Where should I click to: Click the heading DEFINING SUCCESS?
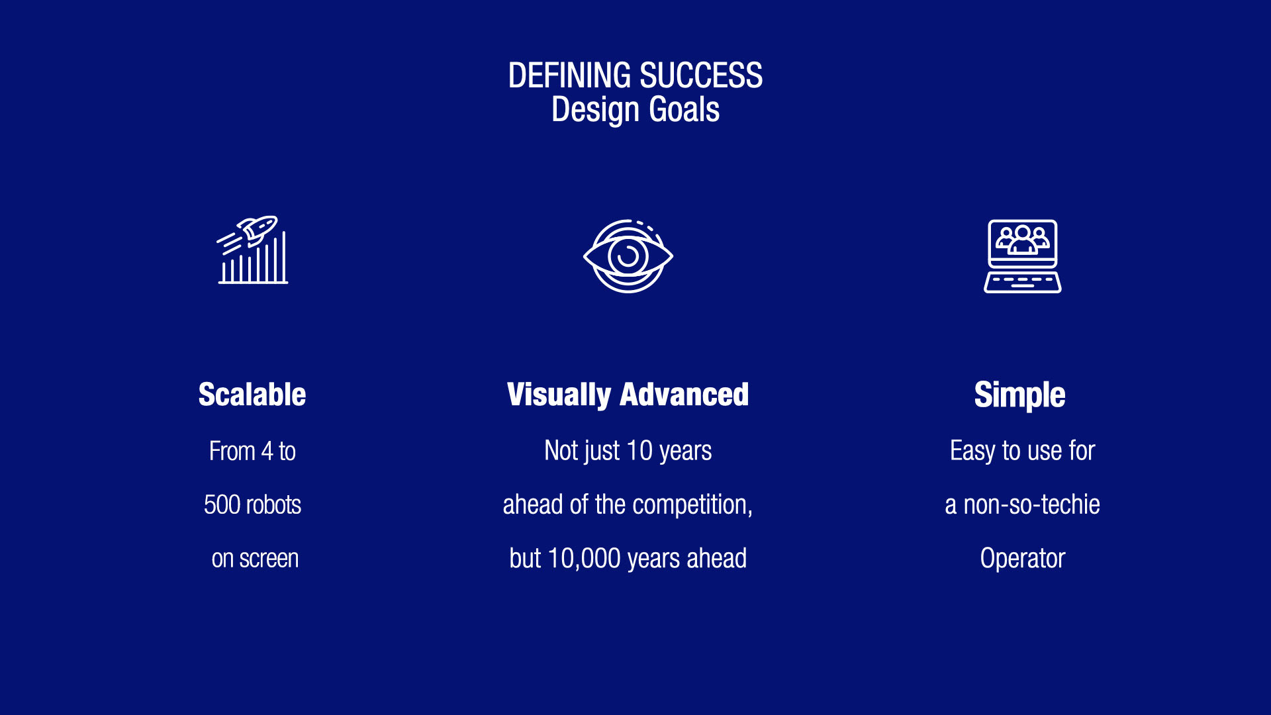[x=635, y=75]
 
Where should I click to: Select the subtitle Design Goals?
[x=635, y=110]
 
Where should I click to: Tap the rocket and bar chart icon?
[x=253, y=250]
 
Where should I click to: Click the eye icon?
[x=628, y=256]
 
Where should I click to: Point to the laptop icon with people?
[x=1023, y=256]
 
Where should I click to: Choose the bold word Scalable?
[x=252, y=395]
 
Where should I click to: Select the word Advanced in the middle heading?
[x=684, y=395]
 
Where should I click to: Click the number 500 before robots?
[x=222, y=505]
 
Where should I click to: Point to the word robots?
[x=274, y=505]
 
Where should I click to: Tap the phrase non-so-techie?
[x=1031, y=505]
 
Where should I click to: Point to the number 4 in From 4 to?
[x=267, y=452]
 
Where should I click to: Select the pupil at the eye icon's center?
[x=628, y=256]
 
